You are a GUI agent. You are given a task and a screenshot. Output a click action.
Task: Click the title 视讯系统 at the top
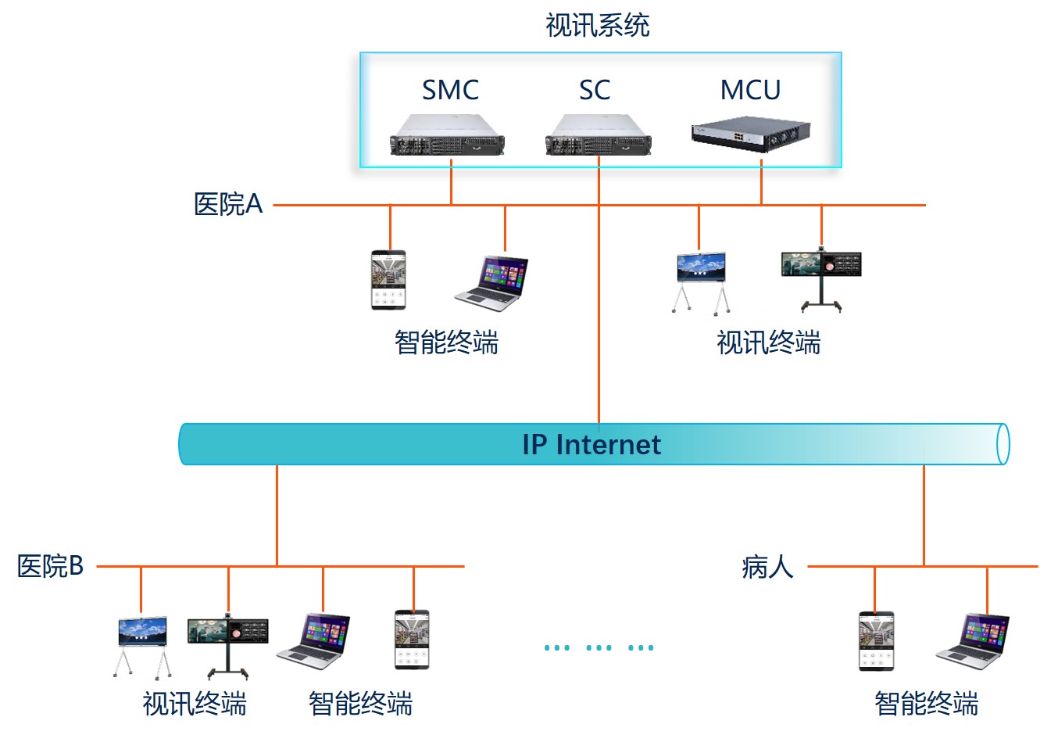[x=597, y=26]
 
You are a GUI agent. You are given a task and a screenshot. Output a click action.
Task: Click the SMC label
[x=450, y=90]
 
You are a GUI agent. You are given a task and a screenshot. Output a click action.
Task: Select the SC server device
[x=599, y=135]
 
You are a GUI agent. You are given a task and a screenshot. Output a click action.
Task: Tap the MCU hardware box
[x=750, y=134]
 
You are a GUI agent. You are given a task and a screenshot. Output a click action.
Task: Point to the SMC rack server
[x=448, y=135]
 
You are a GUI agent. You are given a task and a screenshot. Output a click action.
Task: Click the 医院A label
[x=227, y=205]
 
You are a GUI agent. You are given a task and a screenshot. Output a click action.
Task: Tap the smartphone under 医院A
[x=388, y=280]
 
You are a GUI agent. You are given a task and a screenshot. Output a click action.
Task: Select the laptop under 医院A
[x=492, y=283]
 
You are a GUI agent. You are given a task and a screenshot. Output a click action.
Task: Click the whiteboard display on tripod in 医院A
[x=701, y=281]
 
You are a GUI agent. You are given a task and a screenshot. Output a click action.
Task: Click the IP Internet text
[x=591, y=444]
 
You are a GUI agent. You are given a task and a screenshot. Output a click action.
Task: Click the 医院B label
[x=51, y=566]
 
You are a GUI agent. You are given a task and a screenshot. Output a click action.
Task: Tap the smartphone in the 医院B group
[x=412, y=640]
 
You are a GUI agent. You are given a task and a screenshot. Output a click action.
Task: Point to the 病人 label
[x=767, y=566]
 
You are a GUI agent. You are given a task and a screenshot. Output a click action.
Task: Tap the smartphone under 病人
[x=876, y=641]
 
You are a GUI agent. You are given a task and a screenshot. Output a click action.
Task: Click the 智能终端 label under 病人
[x=926, y=704]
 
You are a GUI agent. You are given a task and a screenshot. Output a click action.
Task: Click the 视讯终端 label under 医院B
[x=195, y=704]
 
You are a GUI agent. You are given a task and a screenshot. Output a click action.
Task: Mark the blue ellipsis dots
[x=599, y=647]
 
